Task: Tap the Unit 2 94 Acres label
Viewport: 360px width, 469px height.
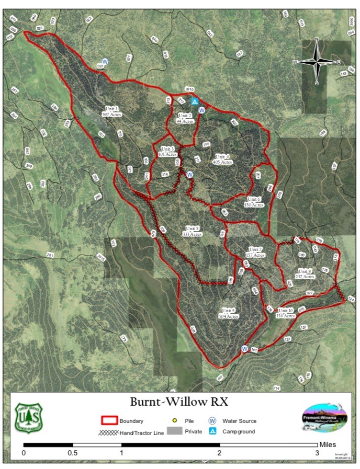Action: coord(185,118)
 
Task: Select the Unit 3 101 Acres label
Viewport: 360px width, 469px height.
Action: coord(166,152)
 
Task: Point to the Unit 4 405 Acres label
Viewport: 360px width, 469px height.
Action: coord(222,159)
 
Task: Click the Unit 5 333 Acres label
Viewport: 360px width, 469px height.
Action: coord(193,231)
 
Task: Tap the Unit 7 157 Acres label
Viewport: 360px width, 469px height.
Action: coord(255,252)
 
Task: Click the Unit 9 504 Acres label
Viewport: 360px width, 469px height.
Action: coord(229,313)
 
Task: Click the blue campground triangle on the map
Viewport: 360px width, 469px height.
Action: coord(195,101)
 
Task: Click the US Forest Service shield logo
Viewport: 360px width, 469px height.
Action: coord(29,417)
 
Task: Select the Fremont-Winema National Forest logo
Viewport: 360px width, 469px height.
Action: coord(324,417)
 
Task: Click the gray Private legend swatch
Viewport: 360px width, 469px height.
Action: coord(174,431)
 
